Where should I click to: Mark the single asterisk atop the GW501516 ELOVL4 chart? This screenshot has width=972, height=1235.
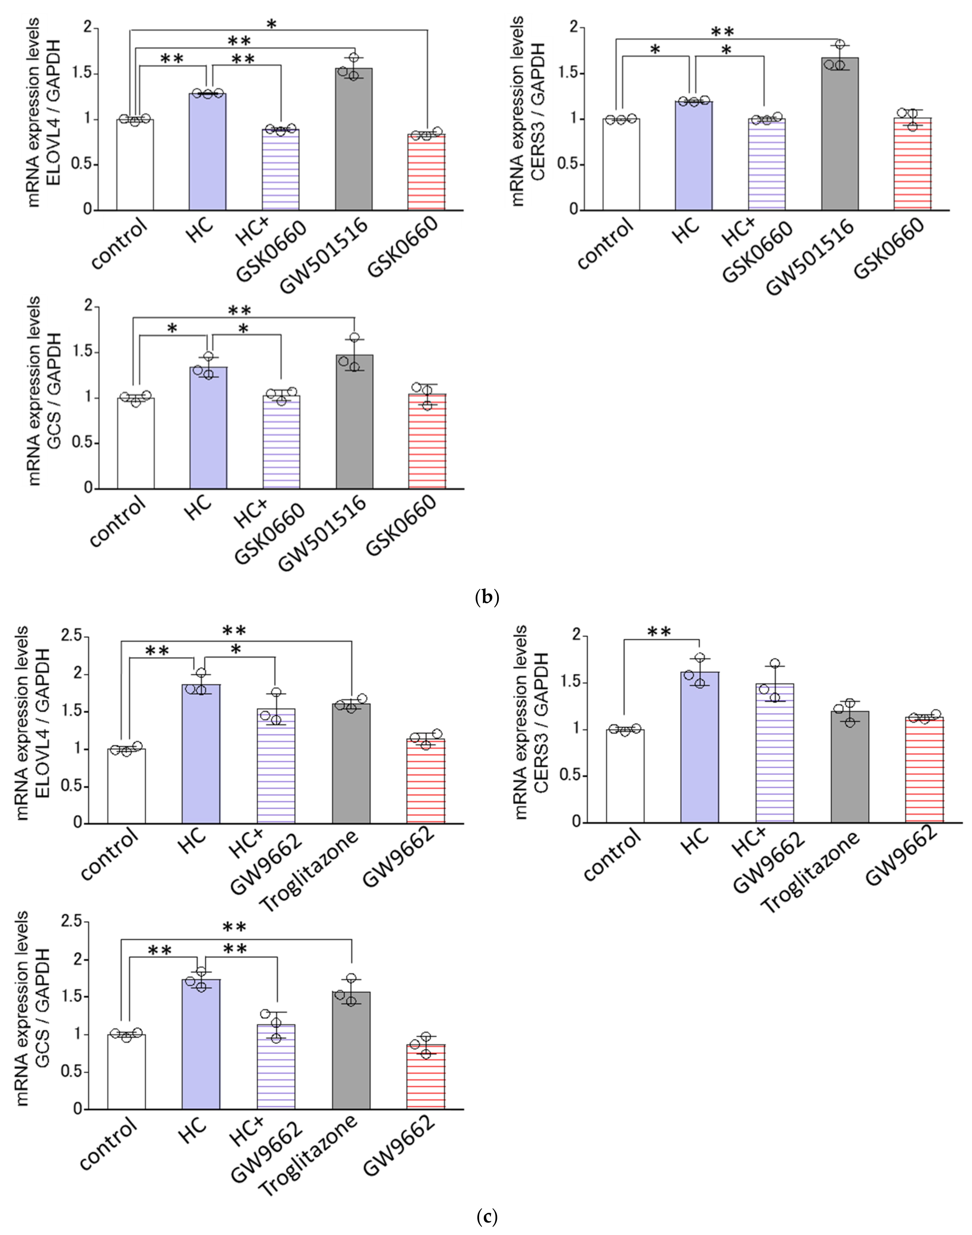272,24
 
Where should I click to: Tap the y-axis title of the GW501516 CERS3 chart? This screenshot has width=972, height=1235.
526,111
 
